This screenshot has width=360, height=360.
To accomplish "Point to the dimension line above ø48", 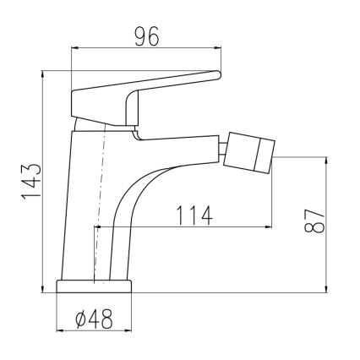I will click(95, 332).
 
